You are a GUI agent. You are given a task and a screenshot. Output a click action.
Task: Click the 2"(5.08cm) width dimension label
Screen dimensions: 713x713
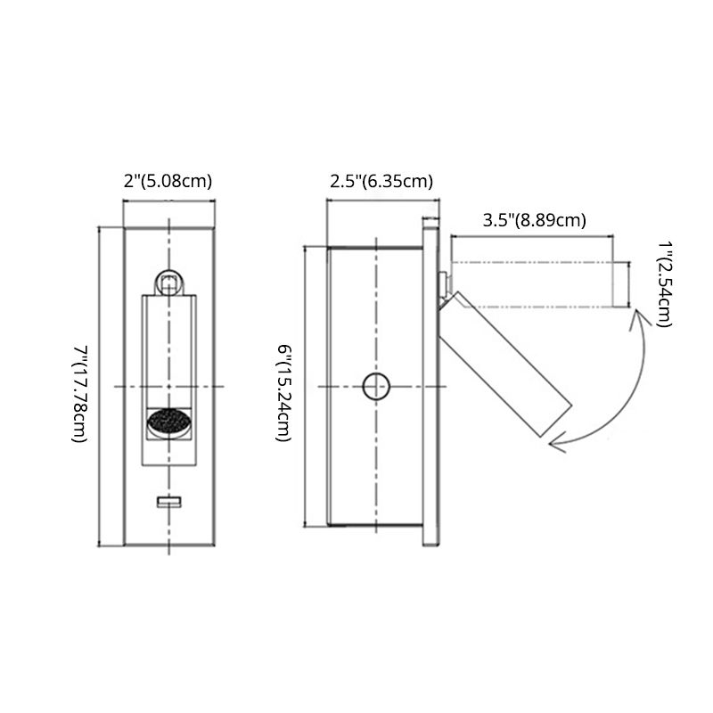pyautogui.click(x=168, y=181)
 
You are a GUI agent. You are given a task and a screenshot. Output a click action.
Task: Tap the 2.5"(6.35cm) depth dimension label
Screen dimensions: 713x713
pyautogui.click(x=381, y=181)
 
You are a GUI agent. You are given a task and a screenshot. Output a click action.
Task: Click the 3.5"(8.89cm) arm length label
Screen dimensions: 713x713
pyautogui.click(x=533, y=220)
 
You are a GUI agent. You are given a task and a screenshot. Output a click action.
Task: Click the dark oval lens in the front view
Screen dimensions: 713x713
pyautogui.click(x=168, y=422)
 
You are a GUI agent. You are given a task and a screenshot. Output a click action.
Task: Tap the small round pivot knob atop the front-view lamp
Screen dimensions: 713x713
pyautogui.click(x=168, y=283)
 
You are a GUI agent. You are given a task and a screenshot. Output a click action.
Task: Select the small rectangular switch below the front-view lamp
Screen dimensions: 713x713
pyautogui.click(x=168, y=503)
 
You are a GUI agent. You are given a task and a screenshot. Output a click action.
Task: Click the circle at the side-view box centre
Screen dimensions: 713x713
pyautogui.click(x=376, y=386)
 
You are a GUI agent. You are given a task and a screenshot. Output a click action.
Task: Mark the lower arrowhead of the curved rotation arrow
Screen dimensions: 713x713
pyautogui.click(x=555, y=438)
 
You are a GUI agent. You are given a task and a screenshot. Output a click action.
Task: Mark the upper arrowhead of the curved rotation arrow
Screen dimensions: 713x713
pyautogui.click(x=635, y=312)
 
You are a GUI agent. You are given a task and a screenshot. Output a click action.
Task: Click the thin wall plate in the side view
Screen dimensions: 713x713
pyautogui.click(x=430, y=383)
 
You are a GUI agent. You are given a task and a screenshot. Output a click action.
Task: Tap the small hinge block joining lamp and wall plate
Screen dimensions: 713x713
pyautogui.click(x=443, y=283)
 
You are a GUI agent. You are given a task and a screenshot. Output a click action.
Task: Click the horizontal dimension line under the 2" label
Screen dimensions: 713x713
pyautogui.click(x=168, y=202)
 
